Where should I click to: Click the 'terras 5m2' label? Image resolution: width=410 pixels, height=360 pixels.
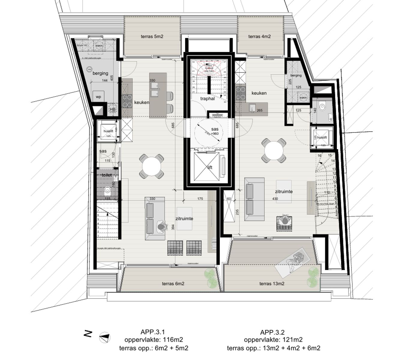click(x=152, y=37)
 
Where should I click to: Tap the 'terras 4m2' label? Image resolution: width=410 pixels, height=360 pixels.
click(x=259, y=37)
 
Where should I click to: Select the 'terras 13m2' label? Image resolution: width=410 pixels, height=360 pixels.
click(x=272, y=283)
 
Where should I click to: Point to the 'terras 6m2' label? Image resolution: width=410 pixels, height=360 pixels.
click(x=173, y=283)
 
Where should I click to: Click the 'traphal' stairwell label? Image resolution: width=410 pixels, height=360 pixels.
click(x=207, y=98)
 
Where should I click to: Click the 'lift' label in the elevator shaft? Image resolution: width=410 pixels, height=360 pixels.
click(x=210, y=167)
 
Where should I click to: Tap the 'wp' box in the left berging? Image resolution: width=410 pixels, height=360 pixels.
click(x=98, y=97)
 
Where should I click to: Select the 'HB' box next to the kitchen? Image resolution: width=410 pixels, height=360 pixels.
click(x=113, y=110)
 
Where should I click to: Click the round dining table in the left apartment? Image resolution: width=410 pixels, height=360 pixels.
click(x=152, y=166)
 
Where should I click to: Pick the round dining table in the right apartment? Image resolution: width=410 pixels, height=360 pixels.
click(x=273, y=150)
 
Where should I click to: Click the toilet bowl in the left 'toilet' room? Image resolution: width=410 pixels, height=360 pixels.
click(x=107, y=190)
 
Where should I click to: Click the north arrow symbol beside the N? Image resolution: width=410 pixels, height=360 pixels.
click(x=105, y=337)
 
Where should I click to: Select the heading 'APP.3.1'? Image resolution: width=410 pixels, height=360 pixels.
click(x=152, y=332)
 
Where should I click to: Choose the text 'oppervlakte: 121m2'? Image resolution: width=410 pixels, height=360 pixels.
click(x=273, y=340)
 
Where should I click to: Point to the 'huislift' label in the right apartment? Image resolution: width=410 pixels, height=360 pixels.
click(x=322, y=137)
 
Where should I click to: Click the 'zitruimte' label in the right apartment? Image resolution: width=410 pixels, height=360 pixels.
click(x=284, y=191)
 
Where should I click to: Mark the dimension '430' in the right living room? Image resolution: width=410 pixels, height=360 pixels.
click(x=275, y=199)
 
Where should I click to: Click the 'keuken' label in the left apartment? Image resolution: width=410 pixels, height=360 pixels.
click(x=141, y=102)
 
